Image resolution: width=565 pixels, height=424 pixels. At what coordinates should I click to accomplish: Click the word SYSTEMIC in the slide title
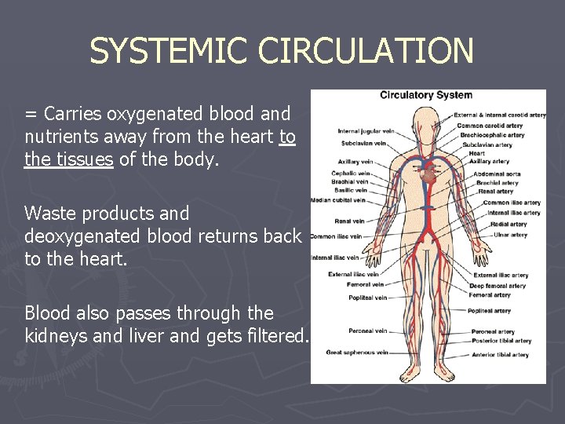170,52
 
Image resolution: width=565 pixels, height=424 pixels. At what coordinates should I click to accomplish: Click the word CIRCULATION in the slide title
366,52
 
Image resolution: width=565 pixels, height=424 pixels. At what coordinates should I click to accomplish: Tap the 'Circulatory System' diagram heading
426,95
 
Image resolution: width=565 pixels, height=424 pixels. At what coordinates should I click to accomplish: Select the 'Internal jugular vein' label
365,131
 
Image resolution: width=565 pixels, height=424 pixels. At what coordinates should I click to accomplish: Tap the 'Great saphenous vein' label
357,353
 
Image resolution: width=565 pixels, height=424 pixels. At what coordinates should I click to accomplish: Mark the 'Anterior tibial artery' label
500,355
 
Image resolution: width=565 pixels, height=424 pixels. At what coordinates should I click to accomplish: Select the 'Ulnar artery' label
510,235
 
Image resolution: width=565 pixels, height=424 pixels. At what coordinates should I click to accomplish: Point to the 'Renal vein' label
349,221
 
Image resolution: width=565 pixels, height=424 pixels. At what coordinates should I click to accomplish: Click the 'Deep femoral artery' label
498,286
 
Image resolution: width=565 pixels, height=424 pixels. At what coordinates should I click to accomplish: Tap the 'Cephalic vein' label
350,173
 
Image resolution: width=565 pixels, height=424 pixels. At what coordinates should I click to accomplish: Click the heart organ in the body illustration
427,173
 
